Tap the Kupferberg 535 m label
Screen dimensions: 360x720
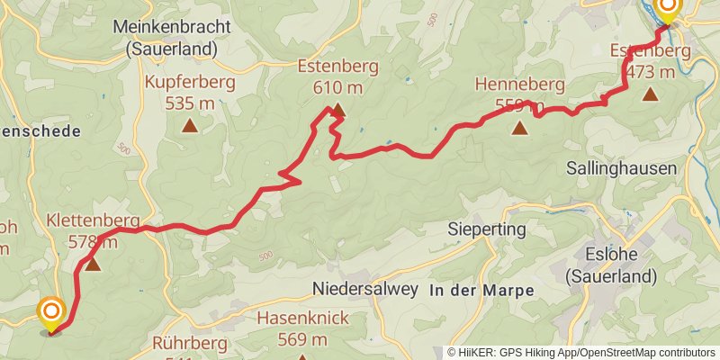click(190, 93)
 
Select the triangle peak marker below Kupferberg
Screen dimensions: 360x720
click(189, 126)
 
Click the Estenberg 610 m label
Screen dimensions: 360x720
click(338, 76)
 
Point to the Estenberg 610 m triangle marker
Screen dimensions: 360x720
click(337, 112)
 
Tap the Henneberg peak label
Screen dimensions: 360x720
click(520, 95)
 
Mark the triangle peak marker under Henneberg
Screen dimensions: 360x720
click(519, 128)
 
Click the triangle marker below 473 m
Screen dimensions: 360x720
click(650, 93)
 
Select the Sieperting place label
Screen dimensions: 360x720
click(487, 230)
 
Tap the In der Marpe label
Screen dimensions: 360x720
click(481, 290)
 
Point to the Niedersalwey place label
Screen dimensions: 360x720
click(364, 289)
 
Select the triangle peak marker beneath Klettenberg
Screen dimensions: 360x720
click(92, 265)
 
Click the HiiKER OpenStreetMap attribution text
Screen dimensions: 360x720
click(581, 352)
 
